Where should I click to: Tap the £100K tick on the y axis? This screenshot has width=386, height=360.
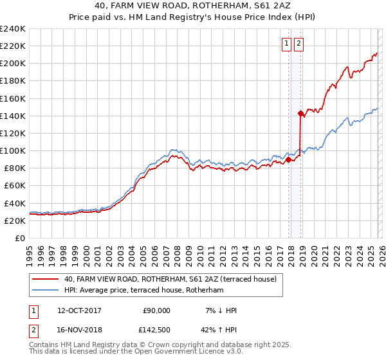pos(13,150)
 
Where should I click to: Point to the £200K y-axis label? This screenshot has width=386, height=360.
pos(13,64)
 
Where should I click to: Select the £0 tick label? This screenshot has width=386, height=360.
pos(21,238)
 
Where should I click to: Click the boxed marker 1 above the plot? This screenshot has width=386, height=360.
pos(286,44)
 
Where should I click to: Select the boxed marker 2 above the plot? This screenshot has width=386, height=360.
pos(299,44)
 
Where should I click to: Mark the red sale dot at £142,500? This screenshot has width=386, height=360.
pos(300,113)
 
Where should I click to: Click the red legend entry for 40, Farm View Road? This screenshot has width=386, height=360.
pos(170,279)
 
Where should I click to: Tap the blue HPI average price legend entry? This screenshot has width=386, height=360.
pos(143,291)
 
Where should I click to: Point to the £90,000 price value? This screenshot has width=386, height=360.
pos(156,310)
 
